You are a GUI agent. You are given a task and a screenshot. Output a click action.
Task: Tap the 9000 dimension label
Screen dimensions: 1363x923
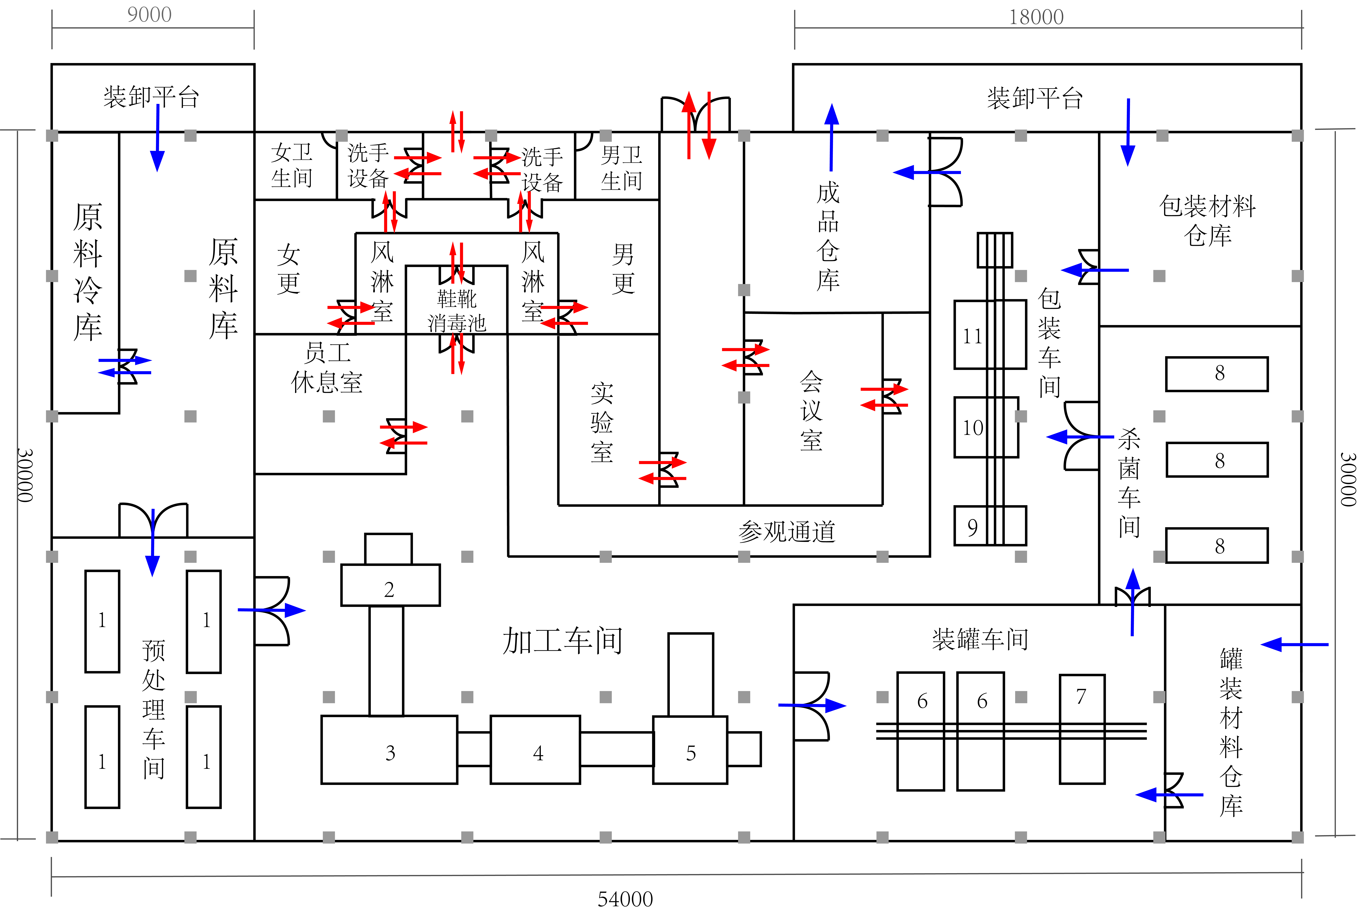tap(150, 15)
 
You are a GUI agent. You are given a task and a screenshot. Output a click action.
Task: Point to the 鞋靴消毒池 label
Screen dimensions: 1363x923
tap(457, 311)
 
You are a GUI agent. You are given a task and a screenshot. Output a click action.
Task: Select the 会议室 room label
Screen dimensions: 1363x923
tap(811, 410)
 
